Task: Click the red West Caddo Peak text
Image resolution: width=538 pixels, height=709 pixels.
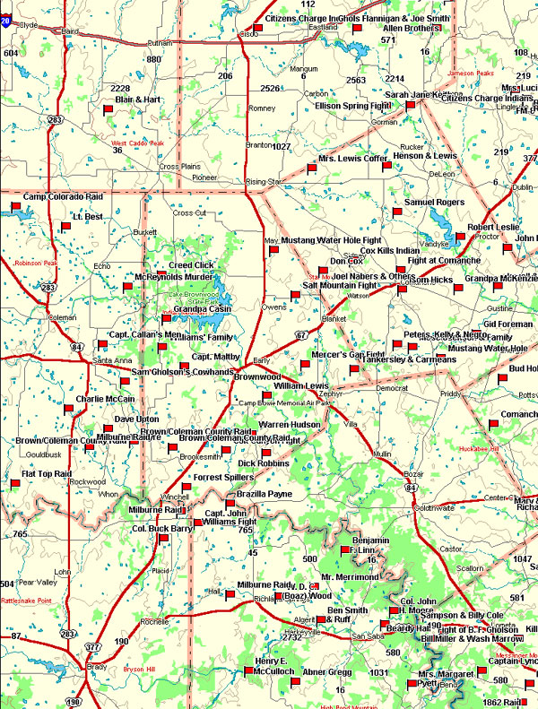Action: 137,143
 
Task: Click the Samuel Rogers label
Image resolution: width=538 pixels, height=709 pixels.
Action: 435,203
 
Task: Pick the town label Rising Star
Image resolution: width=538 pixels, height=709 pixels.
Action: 264,181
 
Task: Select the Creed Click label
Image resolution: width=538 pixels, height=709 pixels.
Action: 191,265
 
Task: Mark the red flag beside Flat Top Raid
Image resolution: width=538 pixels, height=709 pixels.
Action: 15,483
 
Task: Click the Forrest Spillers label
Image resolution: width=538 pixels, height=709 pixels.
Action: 223,478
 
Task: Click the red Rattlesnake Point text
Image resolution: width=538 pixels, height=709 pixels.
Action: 29,601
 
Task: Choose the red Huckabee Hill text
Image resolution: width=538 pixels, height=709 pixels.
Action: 477,448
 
